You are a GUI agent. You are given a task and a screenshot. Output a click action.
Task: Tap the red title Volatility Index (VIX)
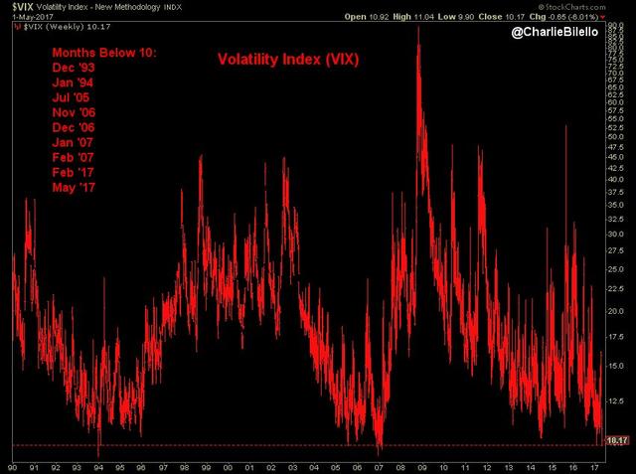(287, 59)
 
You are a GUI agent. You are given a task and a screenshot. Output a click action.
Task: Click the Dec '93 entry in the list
(62, 70)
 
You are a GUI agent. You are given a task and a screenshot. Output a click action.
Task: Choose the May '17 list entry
(63, 187)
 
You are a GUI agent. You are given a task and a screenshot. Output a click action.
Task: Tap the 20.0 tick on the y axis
(616, 310)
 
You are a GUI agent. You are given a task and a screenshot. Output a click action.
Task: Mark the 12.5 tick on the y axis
(616, 400)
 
